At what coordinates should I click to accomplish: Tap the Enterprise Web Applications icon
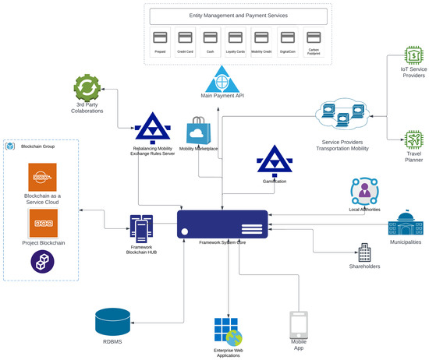click(228, 332)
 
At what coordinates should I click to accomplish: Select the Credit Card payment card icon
click(185, 37)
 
